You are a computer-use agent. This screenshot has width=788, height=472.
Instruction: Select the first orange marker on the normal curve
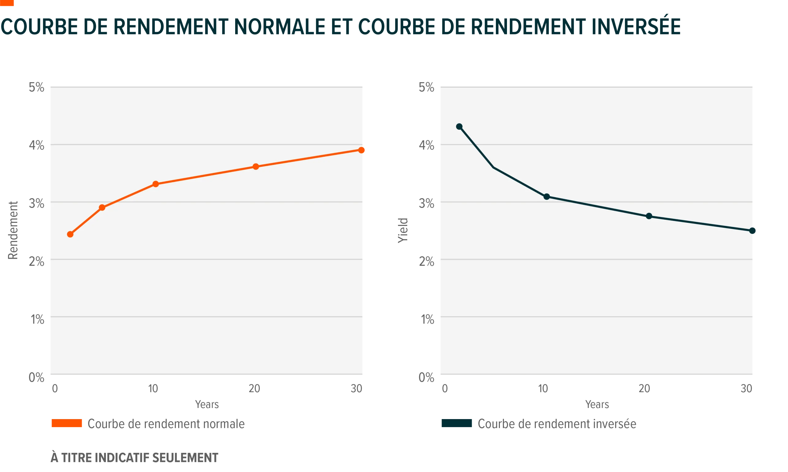pyautogui.click(x=70, y=234)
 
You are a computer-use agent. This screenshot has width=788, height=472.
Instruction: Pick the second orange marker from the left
pyautogui.click(x=102, y=208)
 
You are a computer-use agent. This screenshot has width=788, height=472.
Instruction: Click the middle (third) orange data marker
pyautogui.click(x=155, y=184)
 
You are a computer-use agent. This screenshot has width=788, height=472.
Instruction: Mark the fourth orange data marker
pyautogui.click(x=256, y=167)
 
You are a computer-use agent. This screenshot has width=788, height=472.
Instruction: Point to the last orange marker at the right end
pyautogui.click(x=362, y=150)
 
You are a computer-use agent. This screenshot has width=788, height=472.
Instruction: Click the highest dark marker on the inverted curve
pyautogui.click(x=459, y=126)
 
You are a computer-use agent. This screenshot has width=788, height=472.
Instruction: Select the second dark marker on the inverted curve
pyautogui.click(x=547, y=197)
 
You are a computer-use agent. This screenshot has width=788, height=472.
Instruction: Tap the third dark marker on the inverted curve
pyautogui.click(x=649, y=216)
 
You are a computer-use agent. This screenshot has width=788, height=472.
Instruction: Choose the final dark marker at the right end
pyautogui.click(x=752, y=230)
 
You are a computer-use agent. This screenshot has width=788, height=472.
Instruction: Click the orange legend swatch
pyautogui.click(x=66, y=424)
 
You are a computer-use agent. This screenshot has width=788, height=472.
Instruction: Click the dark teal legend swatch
pyautogui.click(x=456, y=424)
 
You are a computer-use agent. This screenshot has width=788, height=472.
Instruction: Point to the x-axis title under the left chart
pyautogui.click(x=207, y=404)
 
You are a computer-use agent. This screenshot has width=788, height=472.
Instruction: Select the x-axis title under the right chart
pyautogui.click(x=597, y=404)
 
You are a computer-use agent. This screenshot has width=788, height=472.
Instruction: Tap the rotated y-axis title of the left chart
pyautogui.click(x=13, y=230)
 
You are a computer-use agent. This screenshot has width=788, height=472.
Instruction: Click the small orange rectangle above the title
pyautogui.click(x=7, y=3)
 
